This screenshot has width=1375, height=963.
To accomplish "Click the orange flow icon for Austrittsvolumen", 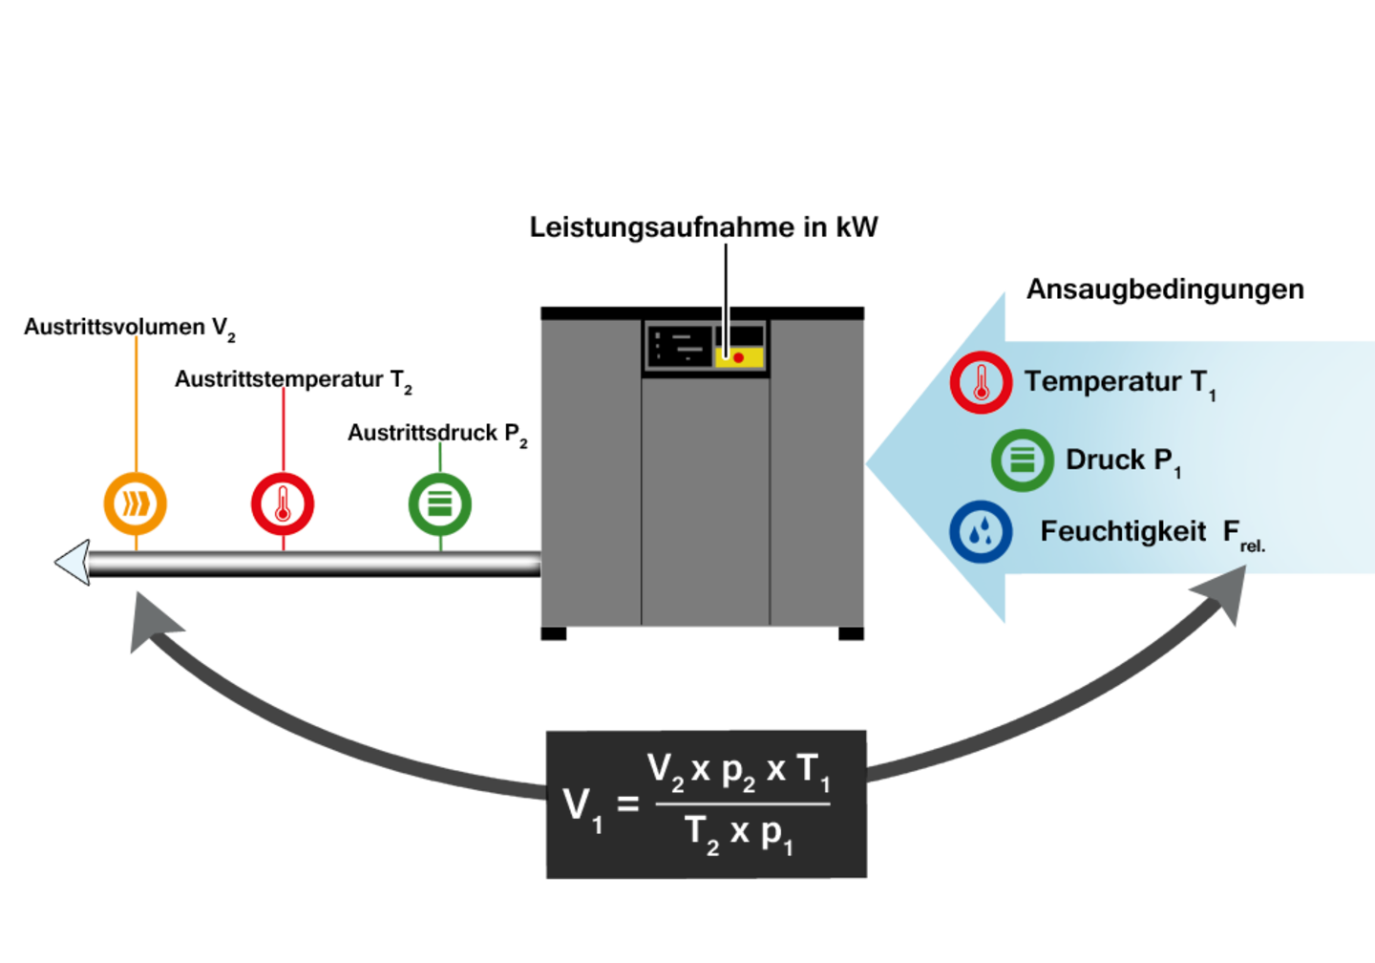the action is tap(135, 503).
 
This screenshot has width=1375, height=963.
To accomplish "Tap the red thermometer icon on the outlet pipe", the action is tap(283, 503).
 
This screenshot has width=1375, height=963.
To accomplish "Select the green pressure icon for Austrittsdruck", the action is tap(440, 503).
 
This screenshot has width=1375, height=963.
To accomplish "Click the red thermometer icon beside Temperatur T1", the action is tap(981, 382).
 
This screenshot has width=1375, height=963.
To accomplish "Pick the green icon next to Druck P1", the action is tap(1022, 460).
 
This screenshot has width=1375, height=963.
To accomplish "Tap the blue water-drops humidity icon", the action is tap(981, 532).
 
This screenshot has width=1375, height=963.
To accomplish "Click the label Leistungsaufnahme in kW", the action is tap(704, 227).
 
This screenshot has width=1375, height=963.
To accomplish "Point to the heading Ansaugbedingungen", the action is tap(1165, 289).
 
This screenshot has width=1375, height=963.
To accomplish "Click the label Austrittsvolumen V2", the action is tap(130, 329).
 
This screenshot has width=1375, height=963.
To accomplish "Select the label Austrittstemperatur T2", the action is tap(293, 381).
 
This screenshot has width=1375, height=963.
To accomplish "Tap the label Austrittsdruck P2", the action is tap(437, 434).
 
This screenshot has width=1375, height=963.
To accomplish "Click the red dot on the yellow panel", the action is tap(738, 357).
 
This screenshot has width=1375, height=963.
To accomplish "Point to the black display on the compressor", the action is tap(680, 347).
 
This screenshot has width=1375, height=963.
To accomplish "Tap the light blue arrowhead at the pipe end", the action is tap(73, 563).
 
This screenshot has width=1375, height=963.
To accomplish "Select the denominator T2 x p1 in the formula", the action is tap(739, 834).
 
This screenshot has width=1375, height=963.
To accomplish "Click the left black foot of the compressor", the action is tap(553, 633).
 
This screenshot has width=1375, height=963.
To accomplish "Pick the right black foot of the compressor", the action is tap(851, 633).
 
